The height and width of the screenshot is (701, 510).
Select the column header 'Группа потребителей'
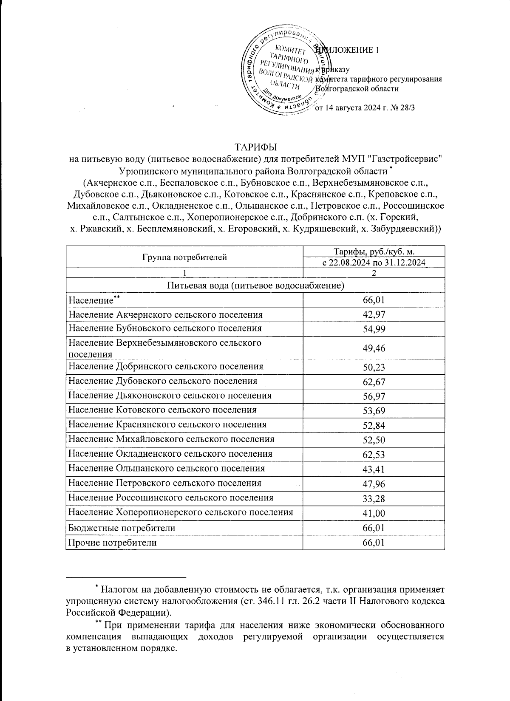(x=184, y=257)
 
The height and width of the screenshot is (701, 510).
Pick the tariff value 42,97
(x=374, y=315)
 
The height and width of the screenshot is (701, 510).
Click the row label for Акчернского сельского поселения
(x=165, y=315)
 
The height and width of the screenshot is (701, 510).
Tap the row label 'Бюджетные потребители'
(x=122, y=528)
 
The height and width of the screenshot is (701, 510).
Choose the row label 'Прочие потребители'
(x=113, y=543)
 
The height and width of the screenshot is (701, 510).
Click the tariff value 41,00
(x=374, y=513)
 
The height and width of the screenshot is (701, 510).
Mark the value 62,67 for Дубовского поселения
(x=374, y=382)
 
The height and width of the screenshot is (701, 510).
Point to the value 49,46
(x=374, y=348)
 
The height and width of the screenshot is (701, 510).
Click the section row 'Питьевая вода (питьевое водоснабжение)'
(x=255, y=285)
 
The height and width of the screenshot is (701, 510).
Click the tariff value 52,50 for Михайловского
(x=374, y=440)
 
